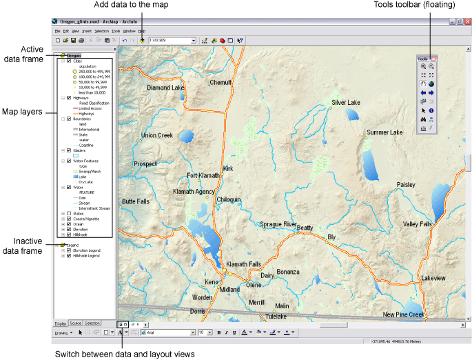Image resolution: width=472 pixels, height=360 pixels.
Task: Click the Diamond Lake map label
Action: point(165,88)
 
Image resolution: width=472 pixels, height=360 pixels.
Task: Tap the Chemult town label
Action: point(220,83)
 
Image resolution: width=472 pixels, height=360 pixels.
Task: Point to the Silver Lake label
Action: point(346,103)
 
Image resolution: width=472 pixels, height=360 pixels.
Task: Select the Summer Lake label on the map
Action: point(384,132)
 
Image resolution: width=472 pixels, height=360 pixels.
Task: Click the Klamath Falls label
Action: point(244,264)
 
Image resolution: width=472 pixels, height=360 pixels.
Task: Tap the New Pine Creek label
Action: point(404,314)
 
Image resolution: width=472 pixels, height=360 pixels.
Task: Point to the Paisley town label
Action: point(406,185)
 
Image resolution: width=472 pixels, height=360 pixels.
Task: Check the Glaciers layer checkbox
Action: point(69,150)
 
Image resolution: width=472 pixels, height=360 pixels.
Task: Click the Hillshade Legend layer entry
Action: point(85,256)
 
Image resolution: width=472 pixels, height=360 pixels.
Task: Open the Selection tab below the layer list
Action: point(92,323)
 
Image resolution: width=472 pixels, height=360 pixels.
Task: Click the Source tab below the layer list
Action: point(76,323)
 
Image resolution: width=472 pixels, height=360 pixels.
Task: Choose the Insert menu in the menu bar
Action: point(86,31)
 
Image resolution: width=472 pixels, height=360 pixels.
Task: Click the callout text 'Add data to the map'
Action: point(142,6)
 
